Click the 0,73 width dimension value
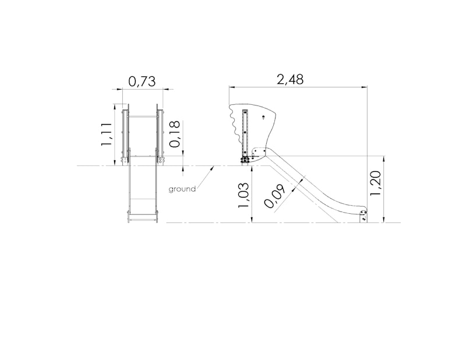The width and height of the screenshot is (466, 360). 142,82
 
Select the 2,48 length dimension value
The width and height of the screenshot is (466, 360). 290,79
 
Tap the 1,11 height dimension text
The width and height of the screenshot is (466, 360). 106,134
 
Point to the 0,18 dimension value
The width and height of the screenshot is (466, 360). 175,134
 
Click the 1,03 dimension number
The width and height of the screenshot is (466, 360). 243,195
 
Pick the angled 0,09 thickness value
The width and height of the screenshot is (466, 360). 274,196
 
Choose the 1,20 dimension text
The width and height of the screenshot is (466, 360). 375,183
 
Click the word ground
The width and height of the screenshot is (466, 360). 182,189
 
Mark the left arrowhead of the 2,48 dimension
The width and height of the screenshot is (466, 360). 231,87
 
